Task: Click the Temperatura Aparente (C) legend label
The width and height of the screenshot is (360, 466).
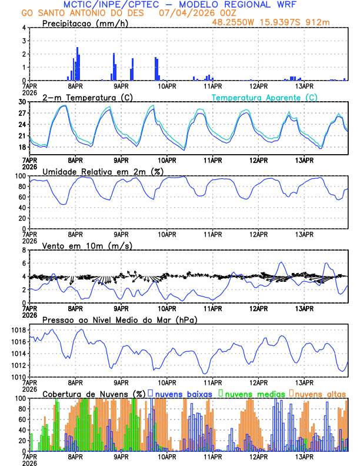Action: [264, 97]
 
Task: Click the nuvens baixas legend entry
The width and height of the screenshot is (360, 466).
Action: [183, 394]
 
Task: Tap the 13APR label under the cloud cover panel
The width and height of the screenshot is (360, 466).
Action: [304, 457]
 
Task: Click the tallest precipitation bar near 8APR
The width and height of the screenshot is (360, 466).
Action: [77, 64]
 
